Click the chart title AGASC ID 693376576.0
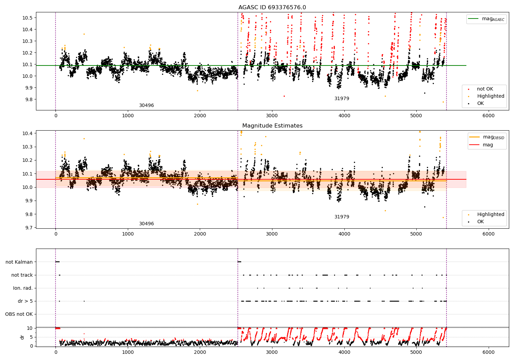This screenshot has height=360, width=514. pyautogui.click(x=272, y=7)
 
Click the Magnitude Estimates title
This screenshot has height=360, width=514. pyautogui.click(x=272, y=125)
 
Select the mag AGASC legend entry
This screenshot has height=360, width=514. pyautogui.click(x=487, y=19)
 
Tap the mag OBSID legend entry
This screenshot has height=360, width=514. pyautogui.click(x=487, y=137)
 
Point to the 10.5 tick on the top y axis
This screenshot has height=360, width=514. pyautogui.click(x=27, y=18)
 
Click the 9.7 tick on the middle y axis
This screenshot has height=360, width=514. pyautogui.click(x=29, y=228)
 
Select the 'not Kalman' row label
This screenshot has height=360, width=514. pyautogui.click(x=19, y=262)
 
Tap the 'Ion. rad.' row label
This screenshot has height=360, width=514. pyautogui.click(x=23, y=288)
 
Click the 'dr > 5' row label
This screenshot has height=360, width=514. pyautogui.click(x=25, y=301)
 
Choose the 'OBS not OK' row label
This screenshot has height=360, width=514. pyautogui.click(x=19, y=314)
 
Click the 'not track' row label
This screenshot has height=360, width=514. pyautogui.click(x=22, y=275)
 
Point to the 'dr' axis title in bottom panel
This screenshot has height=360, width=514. pyautogui.click(x=22, y=337)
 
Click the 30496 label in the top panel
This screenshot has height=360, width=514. pyautogui.click(x=146, y=105)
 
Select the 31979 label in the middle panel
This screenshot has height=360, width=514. pyautogui.click(x=342, y=217)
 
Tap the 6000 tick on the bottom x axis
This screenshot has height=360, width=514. pyautogui.click(x=489, y=352)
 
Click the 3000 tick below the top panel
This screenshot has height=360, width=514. pyautogui.click(x=272, y=116)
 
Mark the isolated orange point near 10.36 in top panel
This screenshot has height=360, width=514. pyautogui.click(x=84, y=34)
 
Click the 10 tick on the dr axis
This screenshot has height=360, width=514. pyautogui.click(x=30, y=328)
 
